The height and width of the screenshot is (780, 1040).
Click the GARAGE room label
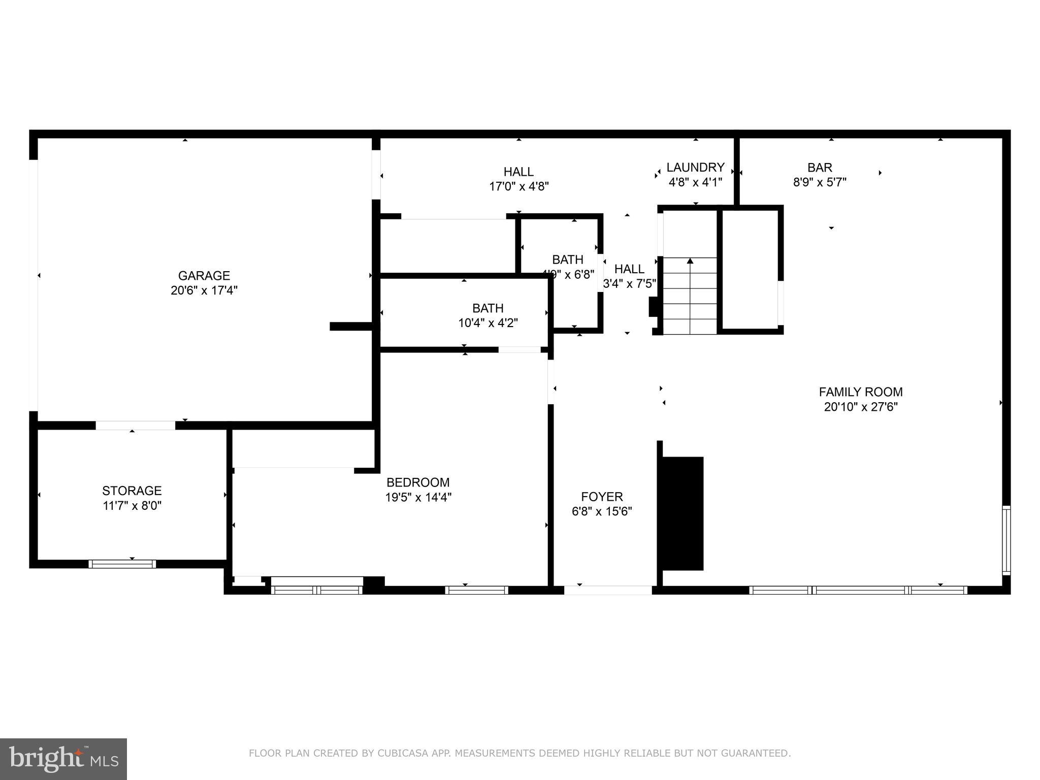[x=204, y=276]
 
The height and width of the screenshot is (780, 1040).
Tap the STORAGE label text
[x=132, y=491]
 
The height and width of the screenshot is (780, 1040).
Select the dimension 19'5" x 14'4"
[x=418, y=497]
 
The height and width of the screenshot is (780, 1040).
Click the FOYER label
[x=602, y=497]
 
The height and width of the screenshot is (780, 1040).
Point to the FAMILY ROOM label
[x=860, y=392]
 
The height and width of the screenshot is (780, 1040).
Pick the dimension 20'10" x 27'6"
[x=860, y=407]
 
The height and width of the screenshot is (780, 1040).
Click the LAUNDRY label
[x=695, y=168]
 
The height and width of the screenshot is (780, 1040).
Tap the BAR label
[x=820, y=168]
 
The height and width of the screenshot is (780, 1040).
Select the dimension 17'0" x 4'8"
[x=518, y=186]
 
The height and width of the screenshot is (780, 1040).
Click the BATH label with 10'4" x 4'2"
[x=487, y=308]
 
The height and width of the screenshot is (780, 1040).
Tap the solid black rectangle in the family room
[x=682, y=513]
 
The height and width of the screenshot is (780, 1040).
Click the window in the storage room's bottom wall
[x=122, y=564]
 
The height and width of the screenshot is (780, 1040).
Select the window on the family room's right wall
[x=1005, y=540]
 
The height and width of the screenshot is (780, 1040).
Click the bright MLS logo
[x=63, y=759]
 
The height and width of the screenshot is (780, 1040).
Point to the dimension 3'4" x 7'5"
[x=629, y=284]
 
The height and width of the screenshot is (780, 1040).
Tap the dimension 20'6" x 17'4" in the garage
[x=204, y=290]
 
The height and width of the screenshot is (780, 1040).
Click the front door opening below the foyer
[x=608, y=590]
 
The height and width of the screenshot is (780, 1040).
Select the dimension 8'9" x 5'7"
[x=820, y=182]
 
